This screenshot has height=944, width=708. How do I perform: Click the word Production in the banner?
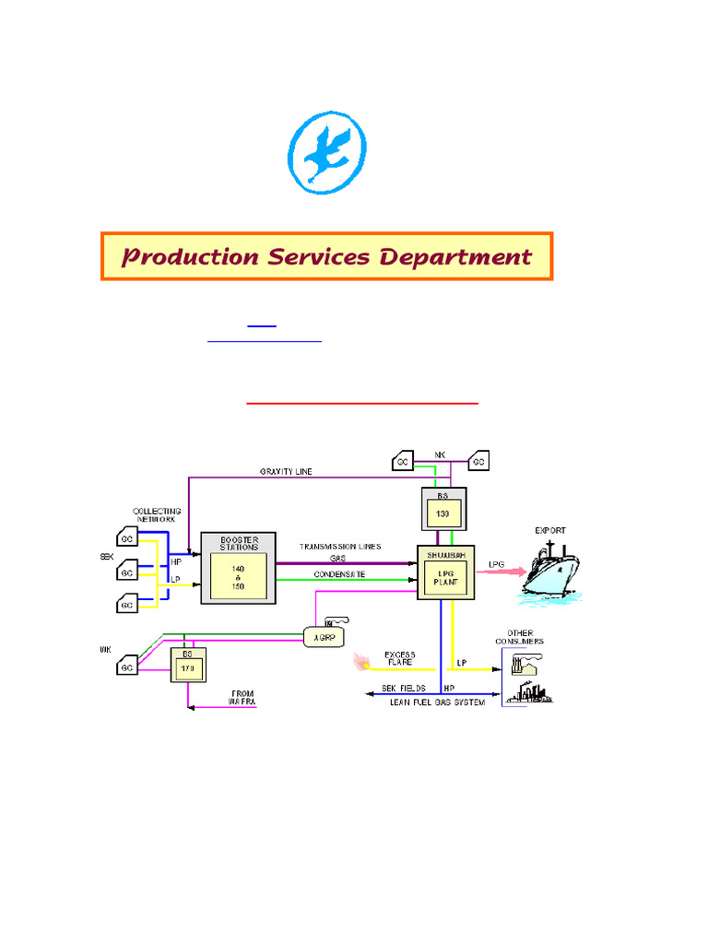(x=190, y=257)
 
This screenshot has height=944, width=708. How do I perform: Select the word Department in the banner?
(x=462, y=257)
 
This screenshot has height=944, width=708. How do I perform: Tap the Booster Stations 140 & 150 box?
(x=238, y=567)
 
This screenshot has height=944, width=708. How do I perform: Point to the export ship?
(x=551, y=571)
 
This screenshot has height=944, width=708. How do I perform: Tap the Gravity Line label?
(x=285, y=471)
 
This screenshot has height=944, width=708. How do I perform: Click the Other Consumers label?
(x=526, y=636)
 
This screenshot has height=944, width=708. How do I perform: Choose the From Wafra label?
(x=242, y=698)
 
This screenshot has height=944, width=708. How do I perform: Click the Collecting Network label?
(x=157, y=515)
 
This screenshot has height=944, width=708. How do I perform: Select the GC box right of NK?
(x=478, y=460)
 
